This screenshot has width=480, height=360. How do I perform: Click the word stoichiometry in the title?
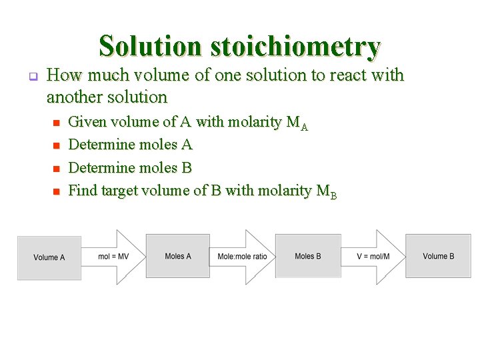click(295, 47)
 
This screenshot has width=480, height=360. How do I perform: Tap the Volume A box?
click(49, 257)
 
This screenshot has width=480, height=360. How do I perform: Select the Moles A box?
click(177, 256)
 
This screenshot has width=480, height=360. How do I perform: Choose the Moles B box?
click(307, 256)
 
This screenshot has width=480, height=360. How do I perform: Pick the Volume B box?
click(438, 256)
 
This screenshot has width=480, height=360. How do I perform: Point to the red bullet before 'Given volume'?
click(57, 123)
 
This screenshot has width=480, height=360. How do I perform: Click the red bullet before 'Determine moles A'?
click(57, 145)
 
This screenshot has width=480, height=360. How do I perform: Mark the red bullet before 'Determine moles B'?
click(57, 169)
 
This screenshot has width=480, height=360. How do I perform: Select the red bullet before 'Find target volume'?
click(57, 191)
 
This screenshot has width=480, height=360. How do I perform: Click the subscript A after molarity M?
click(304, 127)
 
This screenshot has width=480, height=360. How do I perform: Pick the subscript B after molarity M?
click(333, 195)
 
